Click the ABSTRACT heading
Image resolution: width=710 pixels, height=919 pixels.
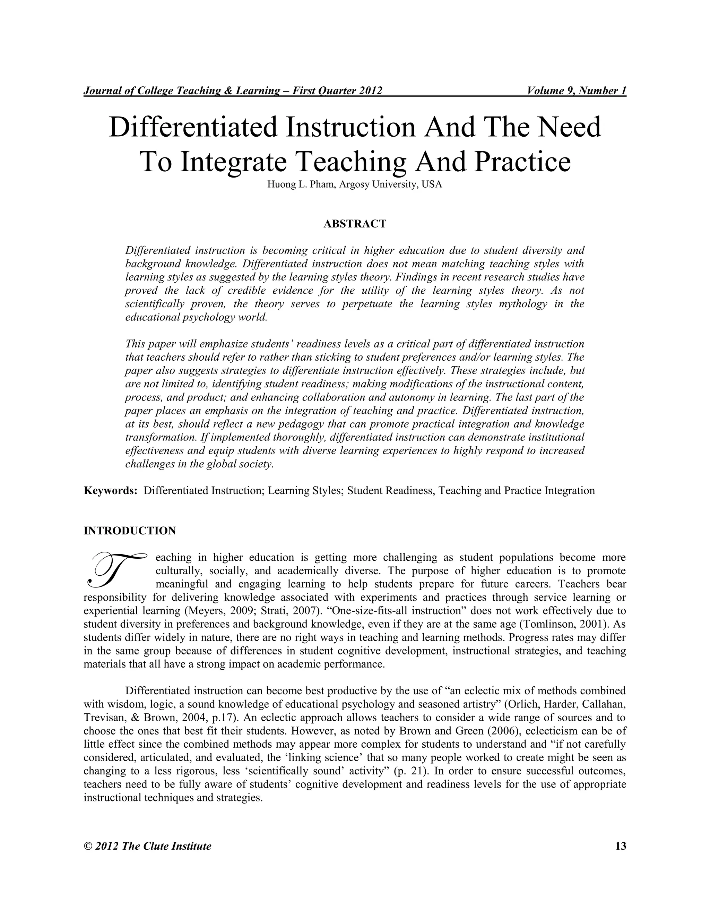click(x=355, y=224)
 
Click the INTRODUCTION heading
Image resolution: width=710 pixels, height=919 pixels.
click(x=130, y=531)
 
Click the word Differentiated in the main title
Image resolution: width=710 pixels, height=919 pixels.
click(x=193, y=128)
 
